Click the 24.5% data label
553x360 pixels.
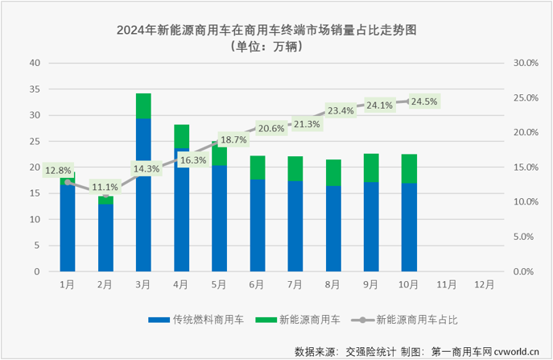[423, 101]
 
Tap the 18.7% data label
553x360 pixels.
[233, 140]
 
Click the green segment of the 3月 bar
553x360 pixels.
[143, 106]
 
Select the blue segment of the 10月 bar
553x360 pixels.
[409, 227]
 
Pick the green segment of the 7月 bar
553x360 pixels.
[295, 168]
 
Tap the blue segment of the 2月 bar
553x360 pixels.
[105, 238]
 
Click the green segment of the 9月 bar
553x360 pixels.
[371, 168]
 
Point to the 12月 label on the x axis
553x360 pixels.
[485, 284]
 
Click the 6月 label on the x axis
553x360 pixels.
[258, 284]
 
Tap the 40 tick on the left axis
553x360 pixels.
[35, 63]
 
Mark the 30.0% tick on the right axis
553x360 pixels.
[526, 63]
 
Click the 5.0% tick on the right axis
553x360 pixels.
[523, 237]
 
